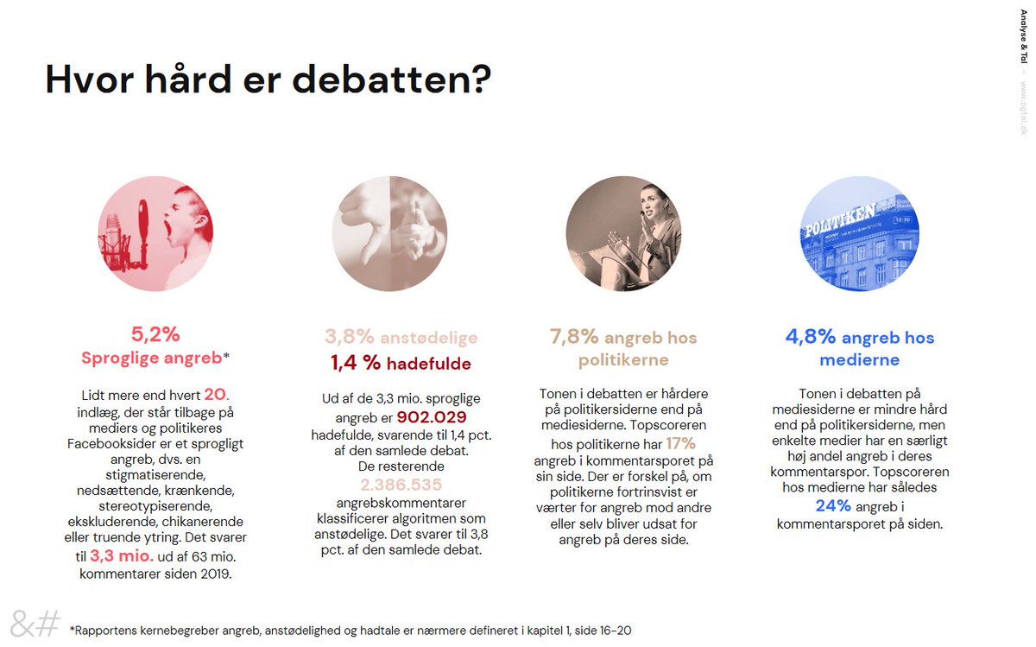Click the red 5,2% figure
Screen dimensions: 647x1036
tap(155, 334)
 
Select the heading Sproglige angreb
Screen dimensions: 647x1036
tap(151, 358)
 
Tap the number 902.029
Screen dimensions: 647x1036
tap(432, 417)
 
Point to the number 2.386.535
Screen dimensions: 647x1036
tap(401, 485)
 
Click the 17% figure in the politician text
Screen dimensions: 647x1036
tap(680, 443)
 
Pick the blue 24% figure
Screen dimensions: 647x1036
tap(834, 505)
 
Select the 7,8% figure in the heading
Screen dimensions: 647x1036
tap(573, 337)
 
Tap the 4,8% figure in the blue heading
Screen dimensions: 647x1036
tap(810, 337)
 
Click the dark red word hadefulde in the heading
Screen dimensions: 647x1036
tap(428, 365)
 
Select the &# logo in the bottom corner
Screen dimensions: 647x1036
tap(35, 622)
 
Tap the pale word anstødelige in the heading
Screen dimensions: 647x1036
tap(428, 338)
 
